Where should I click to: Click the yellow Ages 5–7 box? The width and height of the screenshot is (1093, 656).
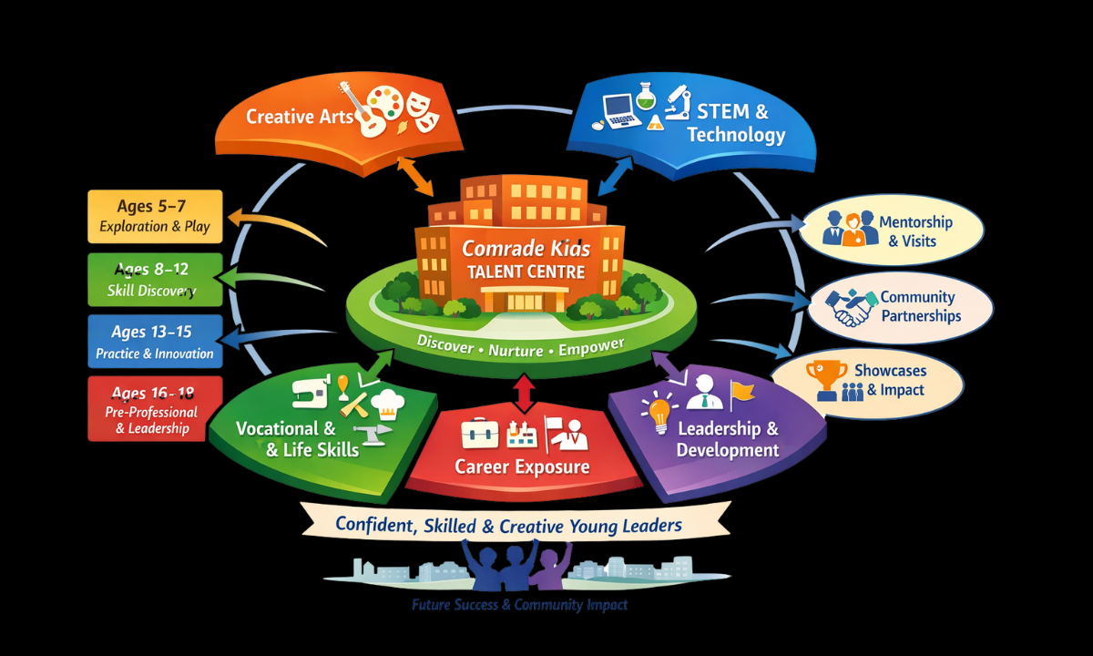[155, 216]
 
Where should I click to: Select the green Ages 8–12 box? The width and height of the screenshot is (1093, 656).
[155, 280]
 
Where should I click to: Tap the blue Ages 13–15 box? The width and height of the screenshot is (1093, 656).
[155, 342]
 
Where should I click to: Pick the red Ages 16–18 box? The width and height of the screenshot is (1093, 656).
[155, 408]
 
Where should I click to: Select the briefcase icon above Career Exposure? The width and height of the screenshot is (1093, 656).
[479, 433]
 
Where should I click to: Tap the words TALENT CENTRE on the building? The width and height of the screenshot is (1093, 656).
[526, 272]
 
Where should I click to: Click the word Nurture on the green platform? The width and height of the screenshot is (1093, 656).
[520, 349]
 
